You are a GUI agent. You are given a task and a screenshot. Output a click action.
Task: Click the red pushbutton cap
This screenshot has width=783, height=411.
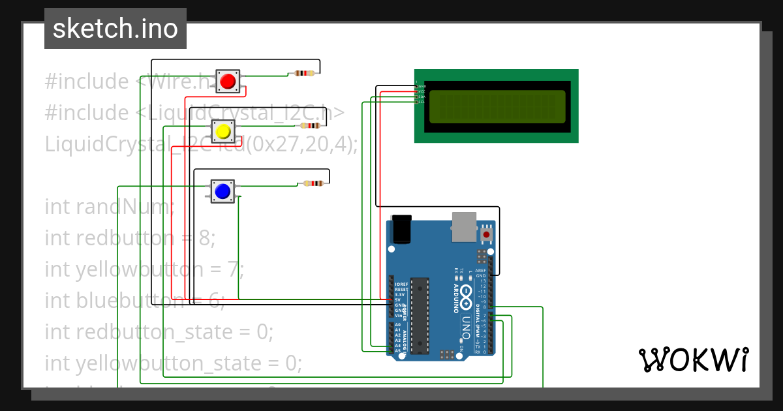click(228, 82)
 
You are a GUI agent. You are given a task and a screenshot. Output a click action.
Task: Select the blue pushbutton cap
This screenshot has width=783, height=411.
click(223, 191)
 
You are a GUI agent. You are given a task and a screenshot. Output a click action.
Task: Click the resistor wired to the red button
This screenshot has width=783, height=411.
click(304, 73)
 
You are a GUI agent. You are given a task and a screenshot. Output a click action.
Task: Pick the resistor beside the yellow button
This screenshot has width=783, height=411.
click(310, 125)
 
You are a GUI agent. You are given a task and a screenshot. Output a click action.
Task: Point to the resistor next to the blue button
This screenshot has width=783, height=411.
click(313, 183)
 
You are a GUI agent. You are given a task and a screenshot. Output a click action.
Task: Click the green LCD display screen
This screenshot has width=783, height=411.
click(496, 106)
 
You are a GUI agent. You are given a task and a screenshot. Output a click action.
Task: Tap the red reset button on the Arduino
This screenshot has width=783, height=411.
click(486, 234)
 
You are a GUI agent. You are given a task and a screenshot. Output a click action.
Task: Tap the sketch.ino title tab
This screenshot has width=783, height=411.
click(115, 29)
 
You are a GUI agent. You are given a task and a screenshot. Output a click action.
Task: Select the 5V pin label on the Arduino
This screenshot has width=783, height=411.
click(397, 299)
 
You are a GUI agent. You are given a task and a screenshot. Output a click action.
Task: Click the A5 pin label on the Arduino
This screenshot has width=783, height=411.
click(397, 351)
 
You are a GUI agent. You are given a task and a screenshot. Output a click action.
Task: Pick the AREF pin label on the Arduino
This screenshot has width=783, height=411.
click(480, 270)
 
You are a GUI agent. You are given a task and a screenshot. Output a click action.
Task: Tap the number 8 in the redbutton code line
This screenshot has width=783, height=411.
click(207, 238)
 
